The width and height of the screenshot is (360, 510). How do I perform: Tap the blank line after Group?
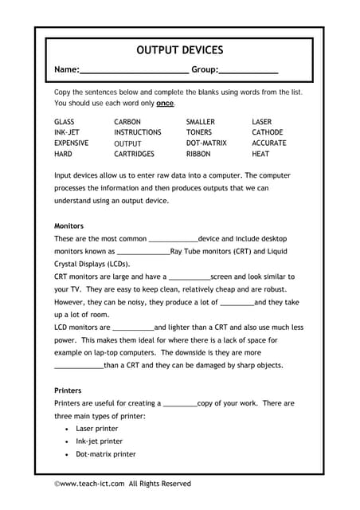tap(248, 71)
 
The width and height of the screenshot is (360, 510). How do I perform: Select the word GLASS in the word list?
tap(65, 122)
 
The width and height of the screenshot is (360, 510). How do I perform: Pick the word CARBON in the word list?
tap(127, 122)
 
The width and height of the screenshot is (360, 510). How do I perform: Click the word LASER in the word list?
tap(261, 122)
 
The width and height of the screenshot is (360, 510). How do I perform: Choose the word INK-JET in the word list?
tap(67, 132)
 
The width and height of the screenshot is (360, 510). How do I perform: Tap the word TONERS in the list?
tap(199, 132)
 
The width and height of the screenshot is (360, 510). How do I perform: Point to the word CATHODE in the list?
tap(267, 132)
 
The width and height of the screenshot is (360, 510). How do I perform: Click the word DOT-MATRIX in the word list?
tap(208, 143)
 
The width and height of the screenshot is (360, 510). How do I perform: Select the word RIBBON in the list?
tap(198, 154)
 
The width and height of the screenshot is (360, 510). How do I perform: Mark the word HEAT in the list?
tap(260, 154)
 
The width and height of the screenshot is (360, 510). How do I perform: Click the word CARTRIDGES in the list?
tap(134, 154)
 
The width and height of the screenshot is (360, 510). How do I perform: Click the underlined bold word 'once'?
tap(165, 104)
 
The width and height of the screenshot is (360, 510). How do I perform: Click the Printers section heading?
tap(68, 391)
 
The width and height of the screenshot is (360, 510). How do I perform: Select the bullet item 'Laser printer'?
tap(96, 429)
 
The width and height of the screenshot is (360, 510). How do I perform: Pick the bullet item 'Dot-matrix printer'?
tap(105, 454)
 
